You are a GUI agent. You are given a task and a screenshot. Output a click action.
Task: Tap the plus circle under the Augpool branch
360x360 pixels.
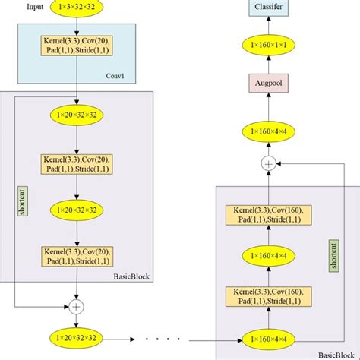click(267, 163)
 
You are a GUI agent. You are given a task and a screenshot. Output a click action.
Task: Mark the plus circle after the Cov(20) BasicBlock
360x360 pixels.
click(76, 306)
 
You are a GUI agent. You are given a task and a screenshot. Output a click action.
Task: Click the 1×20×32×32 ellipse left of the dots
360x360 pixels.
click(76, 336)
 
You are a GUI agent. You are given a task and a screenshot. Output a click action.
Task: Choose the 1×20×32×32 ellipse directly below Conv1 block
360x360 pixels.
click(76, 116)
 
